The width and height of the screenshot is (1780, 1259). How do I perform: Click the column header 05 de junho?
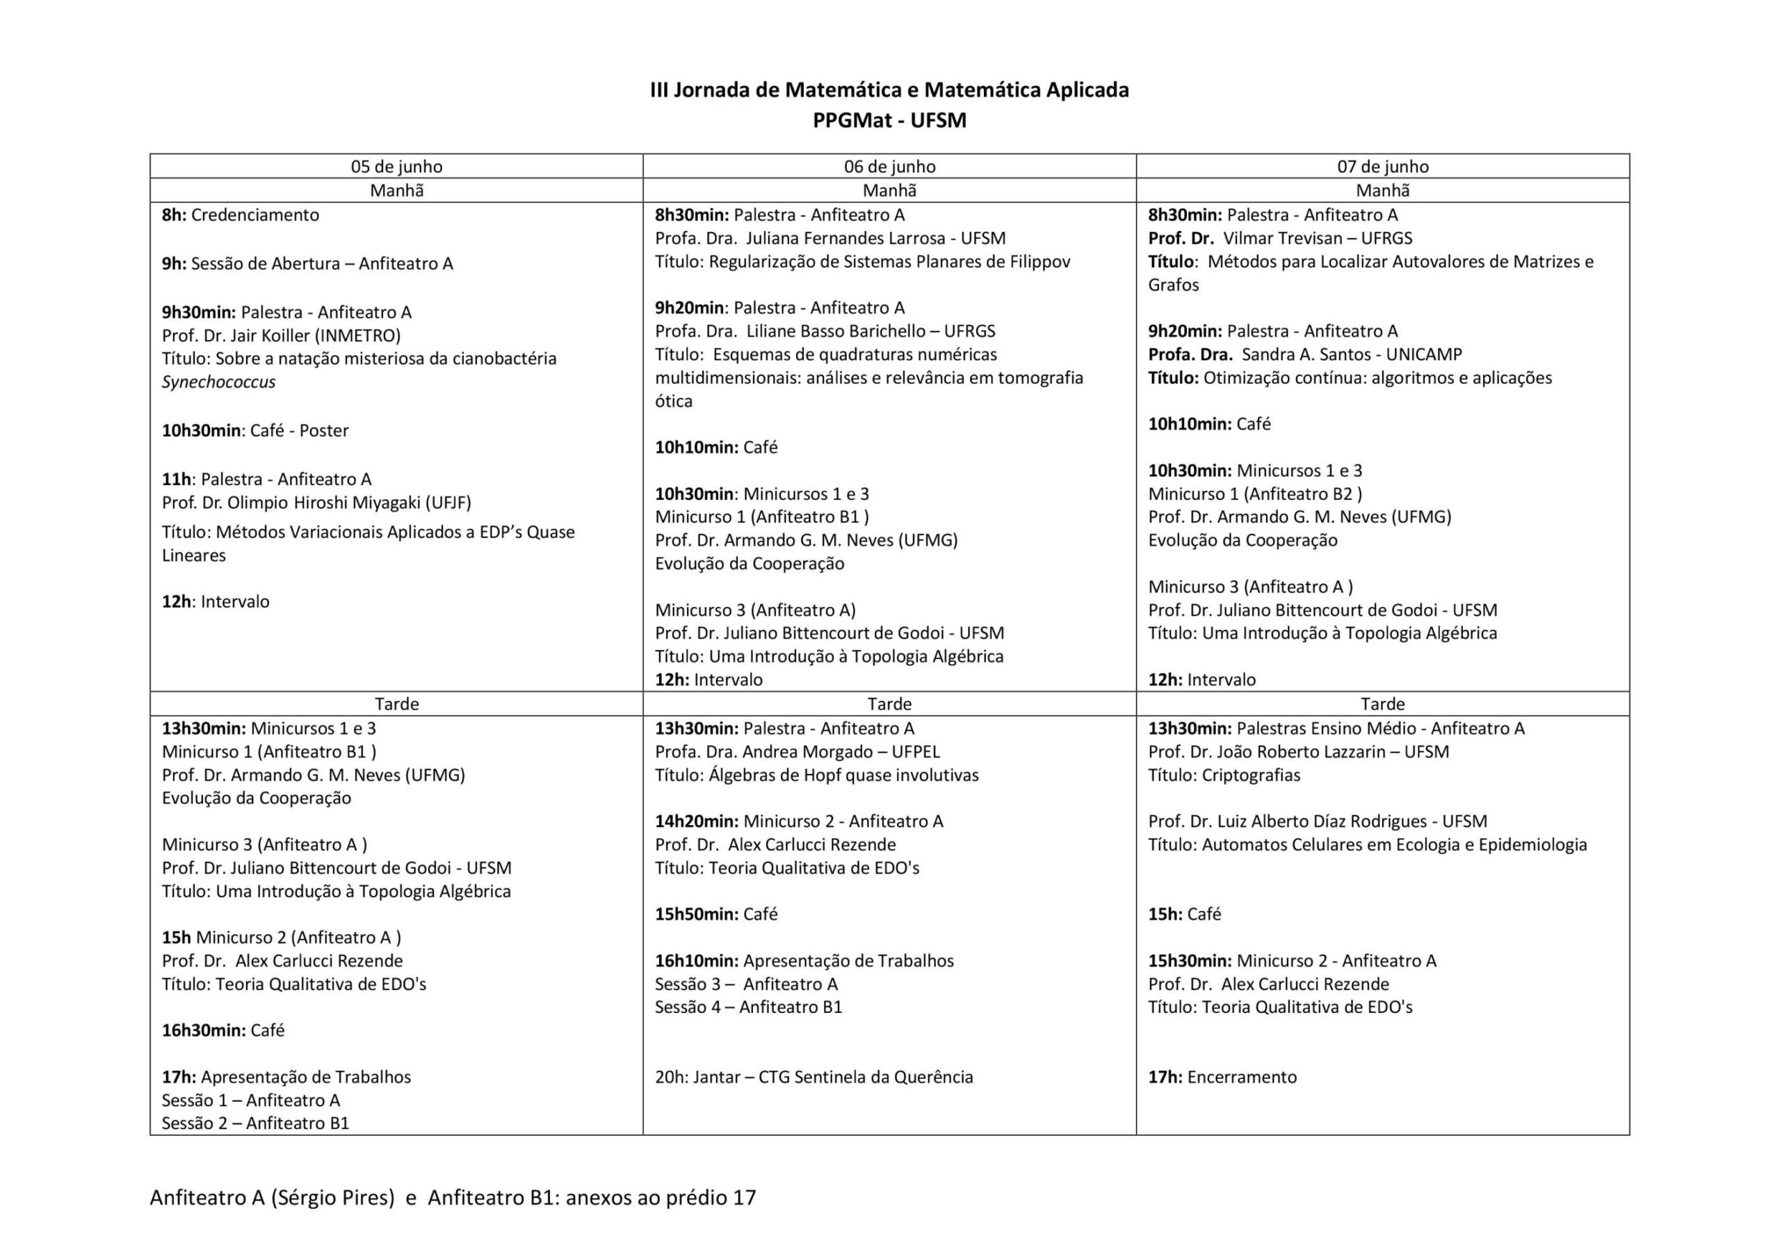[396, 167]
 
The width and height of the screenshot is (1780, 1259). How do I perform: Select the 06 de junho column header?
[889, 167]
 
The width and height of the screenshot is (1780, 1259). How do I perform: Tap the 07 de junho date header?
[1382, 167]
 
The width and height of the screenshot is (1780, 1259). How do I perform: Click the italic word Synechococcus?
[218, 382]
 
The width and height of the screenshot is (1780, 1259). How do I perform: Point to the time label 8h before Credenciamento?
[174, 215]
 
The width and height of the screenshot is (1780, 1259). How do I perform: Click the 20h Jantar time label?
[670, 1078]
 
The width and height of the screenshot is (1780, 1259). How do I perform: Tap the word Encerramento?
[1241, 1078]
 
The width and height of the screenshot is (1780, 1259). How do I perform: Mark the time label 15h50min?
[695, 915]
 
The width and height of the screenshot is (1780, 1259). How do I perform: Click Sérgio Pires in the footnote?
[332, 1199]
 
